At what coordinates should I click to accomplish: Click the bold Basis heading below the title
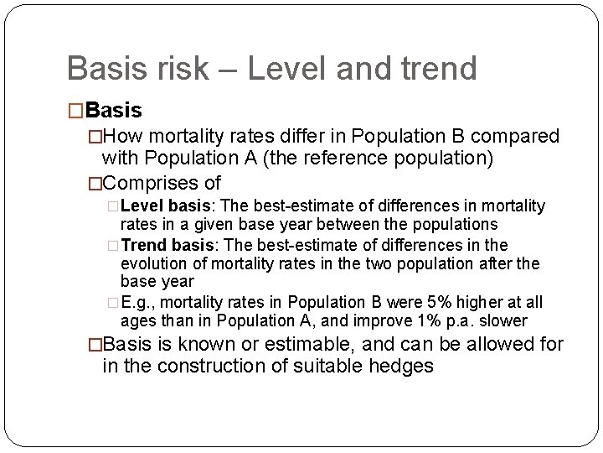tap(114, 110)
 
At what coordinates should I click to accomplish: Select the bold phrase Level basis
tap(164, 206)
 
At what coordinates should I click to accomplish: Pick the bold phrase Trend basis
tap(166, 245)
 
